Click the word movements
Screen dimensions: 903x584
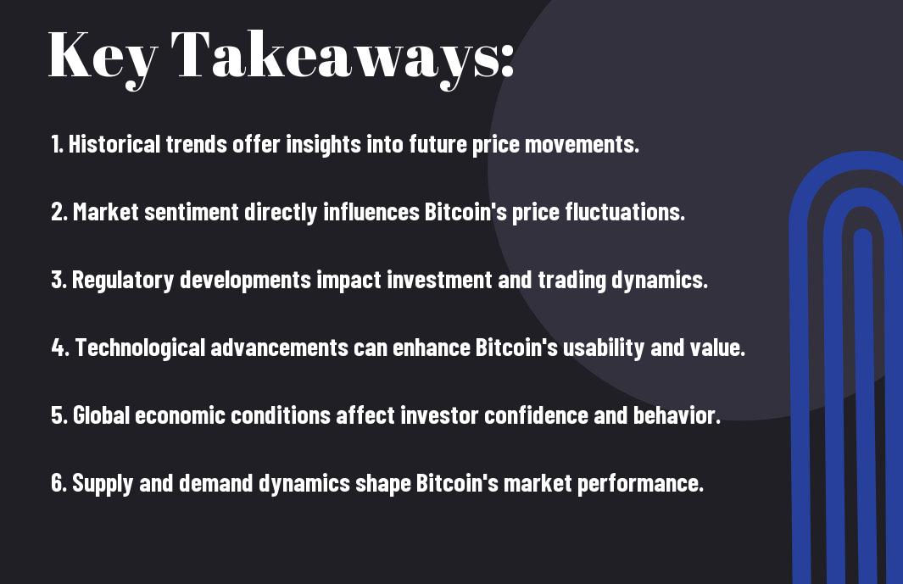tap(582, 145)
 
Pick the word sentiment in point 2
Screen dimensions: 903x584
tap(191, 212)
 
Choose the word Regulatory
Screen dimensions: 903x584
tap(123, 281)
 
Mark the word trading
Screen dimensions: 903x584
tap(571, 281)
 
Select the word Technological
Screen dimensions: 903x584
tap(140, 348)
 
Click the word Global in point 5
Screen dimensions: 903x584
tap(101, 415)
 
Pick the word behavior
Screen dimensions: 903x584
tap(677, 415)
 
